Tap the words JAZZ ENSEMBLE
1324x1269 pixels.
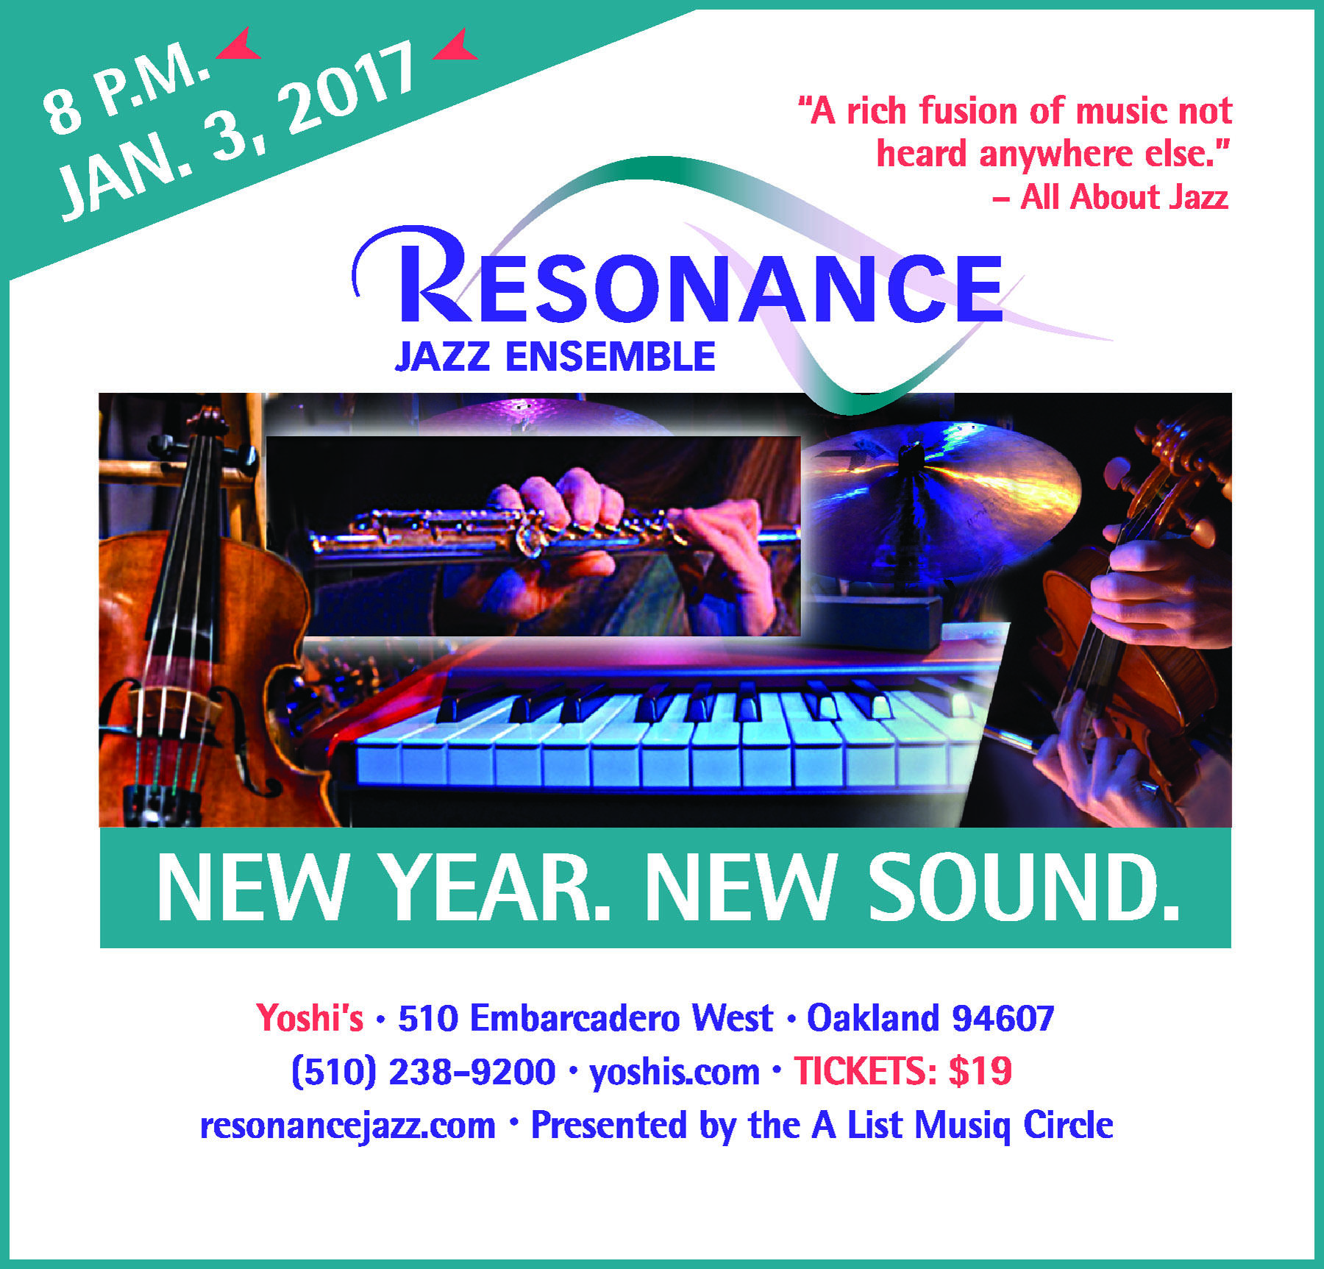555,357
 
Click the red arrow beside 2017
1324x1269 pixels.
457,46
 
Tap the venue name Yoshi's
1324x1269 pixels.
310,1018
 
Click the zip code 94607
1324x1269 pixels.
1003,1018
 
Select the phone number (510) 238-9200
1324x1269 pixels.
424,1072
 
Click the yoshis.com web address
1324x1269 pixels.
675,1073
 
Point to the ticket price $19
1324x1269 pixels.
980,1071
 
